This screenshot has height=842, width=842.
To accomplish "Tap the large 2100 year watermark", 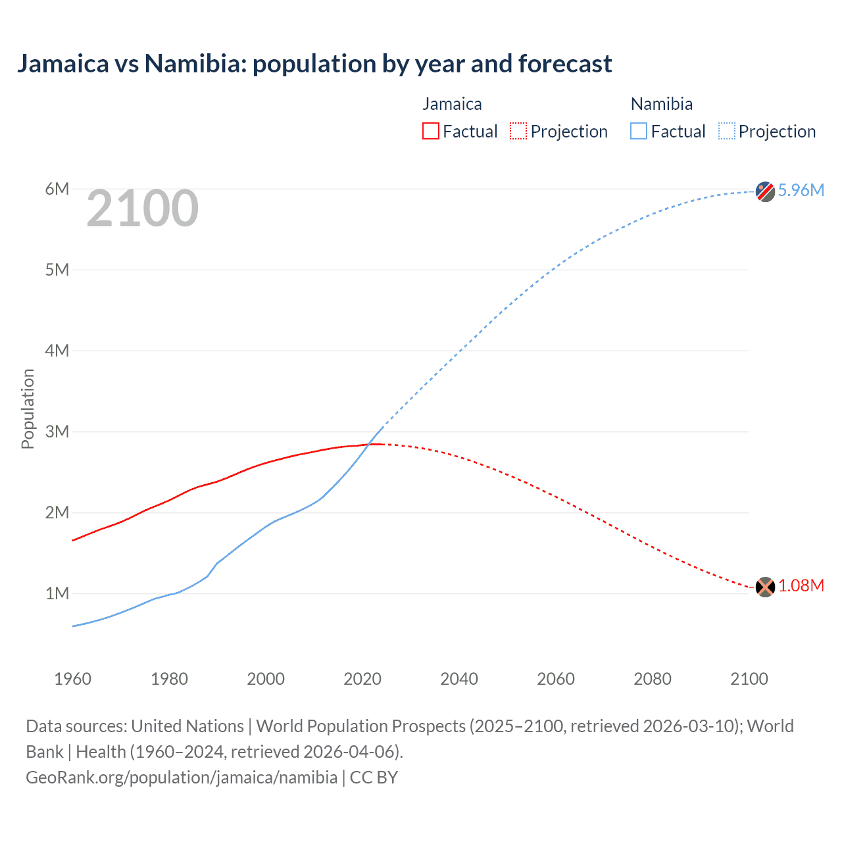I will coord(142,209).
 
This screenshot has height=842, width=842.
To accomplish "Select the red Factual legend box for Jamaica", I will coord(430,131).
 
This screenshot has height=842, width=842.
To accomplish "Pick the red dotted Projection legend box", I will coord(518,131).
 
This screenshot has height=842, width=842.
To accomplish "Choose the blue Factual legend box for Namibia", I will coord(639,131).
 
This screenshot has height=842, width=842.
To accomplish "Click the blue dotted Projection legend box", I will coord(726,131).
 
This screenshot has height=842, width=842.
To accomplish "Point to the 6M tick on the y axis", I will coord(57,189).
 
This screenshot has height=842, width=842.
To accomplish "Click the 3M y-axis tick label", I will coord(57,432).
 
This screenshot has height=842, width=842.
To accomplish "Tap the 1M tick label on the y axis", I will coord(57,593).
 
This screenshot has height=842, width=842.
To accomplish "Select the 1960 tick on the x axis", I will coord(72,679).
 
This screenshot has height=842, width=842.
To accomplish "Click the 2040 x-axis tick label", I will coord(459,679).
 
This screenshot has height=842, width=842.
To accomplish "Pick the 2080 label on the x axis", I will coord(653,679).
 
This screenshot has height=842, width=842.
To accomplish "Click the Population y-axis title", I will coord(28,409).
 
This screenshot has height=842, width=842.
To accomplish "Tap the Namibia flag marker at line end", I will coord(765,191).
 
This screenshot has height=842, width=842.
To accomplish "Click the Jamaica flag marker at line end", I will coord(765,587).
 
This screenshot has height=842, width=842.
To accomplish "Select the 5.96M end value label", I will coord(801,190).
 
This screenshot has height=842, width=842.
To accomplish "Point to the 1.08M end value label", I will coord(801,586).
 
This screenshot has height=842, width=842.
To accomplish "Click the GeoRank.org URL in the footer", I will coord(182,778).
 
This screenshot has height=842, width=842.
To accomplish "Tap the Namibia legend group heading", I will coord(661,104).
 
